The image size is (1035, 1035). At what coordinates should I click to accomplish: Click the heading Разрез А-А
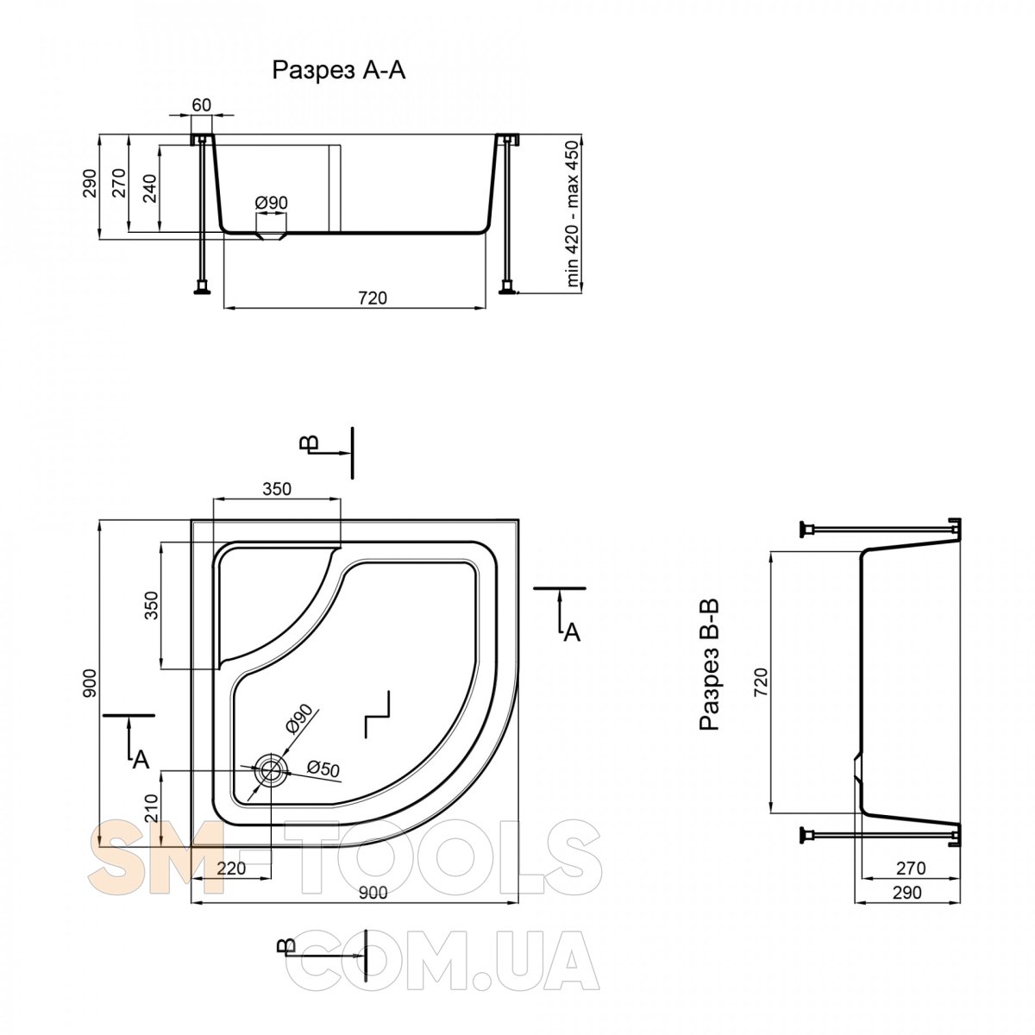tap(338, 70)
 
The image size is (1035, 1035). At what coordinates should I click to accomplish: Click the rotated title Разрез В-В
tap(709, 665)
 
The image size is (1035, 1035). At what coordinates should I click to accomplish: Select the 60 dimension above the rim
tap(202, 104)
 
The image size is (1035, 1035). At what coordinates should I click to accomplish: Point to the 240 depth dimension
tap(151, 189)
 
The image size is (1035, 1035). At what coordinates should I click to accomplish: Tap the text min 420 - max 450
tap(573, 213)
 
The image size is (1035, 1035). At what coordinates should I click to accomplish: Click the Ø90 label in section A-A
tap(271, 203)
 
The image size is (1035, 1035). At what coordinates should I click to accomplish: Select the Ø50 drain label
tap(323, 768)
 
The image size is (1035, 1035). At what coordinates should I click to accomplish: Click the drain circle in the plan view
tap(271, 769)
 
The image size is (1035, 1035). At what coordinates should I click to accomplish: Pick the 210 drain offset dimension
tap(151, 808)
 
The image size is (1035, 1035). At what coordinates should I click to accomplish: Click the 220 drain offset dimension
tap(231, 868)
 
